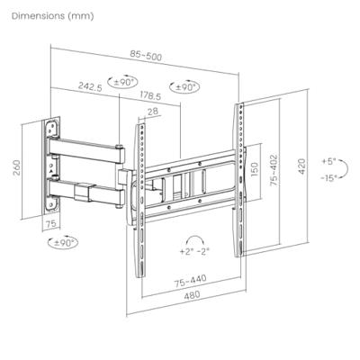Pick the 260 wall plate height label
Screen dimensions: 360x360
pos(14,168)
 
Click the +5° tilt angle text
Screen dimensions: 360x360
pos(326,160)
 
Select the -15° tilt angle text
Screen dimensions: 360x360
pos(326,178)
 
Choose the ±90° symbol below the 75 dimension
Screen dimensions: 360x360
pos(65,242)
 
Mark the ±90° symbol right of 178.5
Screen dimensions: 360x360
pos(187,88)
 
